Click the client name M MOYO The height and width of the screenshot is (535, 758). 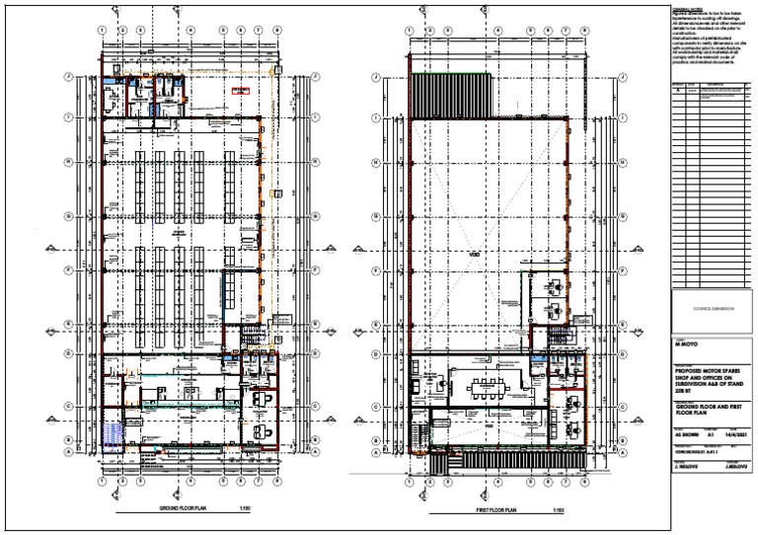[x=687, y=346]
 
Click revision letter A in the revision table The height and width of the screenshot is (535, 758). [x=677, y=93]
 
